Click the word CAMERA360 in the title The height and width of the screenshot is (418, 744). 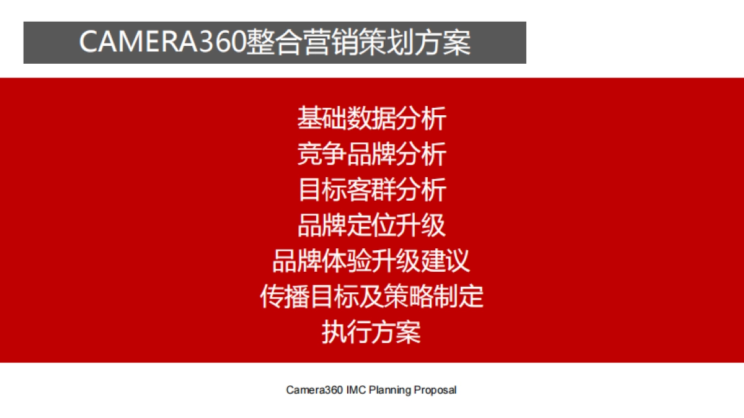pos(162,43)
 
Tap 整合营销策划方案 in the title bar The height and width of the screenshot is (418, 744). pos(358,43)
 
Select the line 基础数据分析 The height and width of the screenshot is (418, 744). pos(371,118)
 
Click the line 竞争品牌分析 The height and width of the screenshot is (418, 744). pos(371,154)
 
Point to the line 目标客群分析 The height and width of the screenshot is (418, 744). pos(371,189)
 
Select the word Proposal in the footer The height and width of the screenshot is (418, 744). pos(435,390)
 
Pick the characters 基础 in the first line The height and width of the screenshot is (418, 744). pos(322,118)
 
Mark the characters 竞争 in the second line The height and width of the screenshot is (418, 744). pos(322,154)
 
